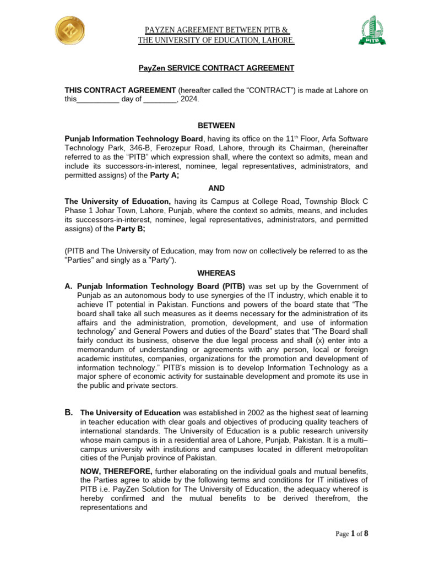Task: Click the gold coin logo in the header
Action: point(70,32)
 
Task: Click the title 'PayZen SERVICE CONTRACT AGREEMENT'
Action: point(216,68)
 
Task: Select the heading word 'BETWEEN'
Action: point(216,126)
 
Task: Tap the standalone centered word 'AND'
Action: point(216,188)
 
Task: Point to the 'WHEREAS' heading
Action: point(216,273)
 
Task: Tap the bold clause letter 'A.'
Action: point(69,286)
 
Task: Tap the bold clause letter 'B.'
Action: point(69,412)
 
